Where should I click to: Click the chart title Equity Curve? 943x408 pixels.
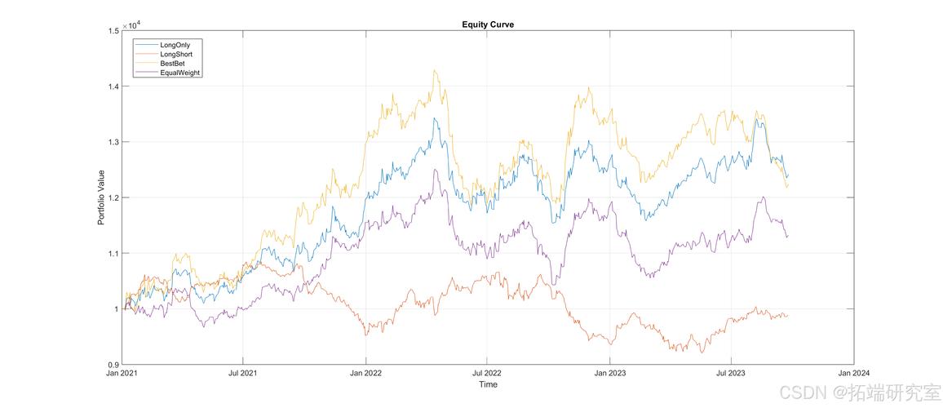click(x=488, y=24)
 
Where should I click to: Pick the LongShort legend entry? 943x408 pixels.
click(x=176, y=54)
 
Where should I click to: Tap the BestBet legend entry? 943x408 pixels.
click(x=173, y=63)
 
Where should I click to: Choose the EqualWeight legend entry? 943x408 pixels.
click(x=180, y=73)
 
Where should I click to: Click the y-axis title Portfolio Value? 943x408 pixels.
click(x=102, y=197)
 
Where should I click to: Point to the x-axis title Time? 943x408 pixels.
click(x=488, y=384)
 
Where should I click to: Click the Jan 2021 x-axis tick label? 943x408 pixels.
click(x=121, y=373)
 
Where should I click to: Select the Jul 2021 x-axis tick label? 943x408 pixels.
click(x=242, y=373)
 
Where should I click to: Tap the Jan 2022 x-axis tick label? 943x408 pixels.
click(x=365, y=373)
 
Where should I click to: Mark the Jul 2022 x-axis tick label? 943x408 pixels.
click(x=487, y=373)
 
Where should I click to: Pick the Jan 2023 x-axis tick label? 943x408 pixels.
click(x=610, y=373)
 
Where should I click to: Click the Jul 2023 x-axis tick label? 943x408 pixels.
click(x=732, y=373)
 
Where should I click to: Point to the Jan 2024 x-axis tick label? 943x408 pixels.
click(x=854, y=373)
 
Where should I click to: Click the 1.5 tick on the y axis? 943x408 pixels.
click(x=113, y=31)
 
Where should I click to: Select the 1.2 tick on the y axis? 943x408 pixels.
click(x=113, y=197)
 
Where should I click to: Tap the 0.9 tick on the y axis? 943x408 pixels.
click(x=113, y=365)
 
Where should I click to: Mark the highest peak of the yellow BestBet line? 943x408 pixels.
click(x=435, y=70)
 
